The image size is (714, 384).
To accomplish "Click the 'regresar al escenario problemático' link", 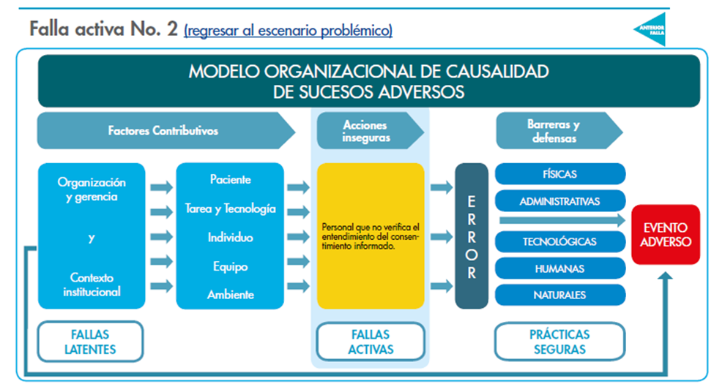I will tap(289, 31).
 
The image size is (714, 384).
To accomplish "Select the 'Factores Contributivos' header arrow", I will tap(165, 131).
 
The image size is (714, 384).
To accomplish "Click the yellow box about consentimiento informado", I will tap(371, 236).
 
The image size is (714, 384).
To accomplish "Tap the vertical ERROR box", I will tap(471, 236).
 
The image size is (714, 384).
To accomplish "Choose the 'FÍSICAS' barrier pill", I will tap(560, 174).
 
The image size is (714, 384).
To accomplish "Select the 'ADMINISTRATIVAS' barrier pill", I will tap(560, 200).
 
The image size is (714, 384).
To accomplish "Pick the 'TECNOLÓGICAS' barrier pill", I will tap(560, 241).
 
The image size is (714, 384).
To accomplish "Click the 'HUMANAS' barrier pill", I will tap(560, 268).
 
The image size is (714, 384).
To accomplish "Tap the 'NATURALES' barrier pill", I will tap(560, 295).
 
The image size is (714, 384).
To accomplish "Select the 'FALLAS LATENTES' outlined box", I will tap(90, 342).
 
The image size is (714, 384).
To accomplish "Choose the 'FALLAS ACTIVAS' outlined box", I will tap(371, 342).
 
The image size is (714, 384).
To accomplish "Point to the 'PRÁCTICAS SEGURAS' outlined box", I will tap(560, 342).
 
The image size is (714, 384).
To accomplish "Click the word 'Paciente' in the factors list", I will tap(230, 180).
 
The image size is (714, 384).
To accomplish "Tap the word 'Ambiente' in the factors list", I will tap(230, 295).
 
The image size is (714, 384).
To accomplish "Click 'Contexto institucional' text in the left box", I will tap(92, 285).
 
